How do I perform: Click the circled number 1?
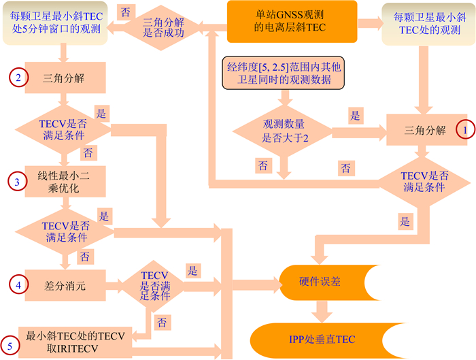(464, 128)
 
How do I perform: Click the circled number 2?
(18, 77)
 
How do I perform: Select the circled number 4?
(18, 283)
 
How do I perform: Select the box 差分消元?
(65, 284)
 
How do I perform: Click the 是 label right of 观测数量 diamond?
(355, 116)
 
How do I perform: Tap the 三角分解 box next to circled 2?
(63, 78)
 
